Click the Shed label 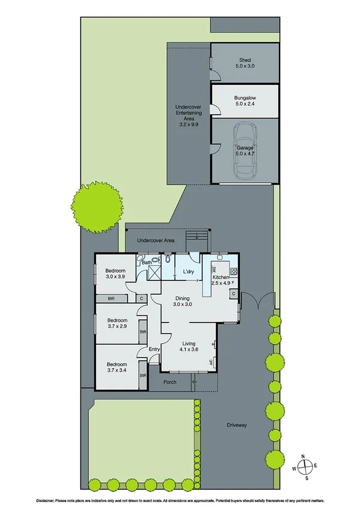pos(245,63)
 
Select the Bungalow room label pos(245,100)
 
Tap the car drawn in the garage pos(245,150)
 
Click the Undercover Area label pos(156,240)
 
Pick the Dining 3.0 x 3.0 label pos(183,301)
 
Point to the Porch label pos(169,382)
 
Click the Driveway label pos(237,425)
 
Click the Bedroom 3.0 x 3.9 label pos(116,274)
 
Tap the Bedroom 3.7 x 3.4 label pos(117,367)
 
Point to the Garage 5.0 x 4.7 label pos(245,150)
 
